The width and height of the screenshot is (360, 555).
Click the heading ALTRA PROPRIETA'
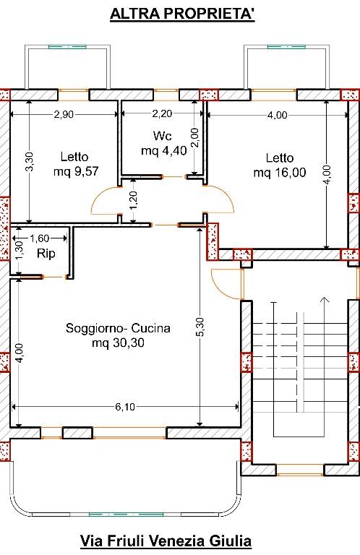click(182, 14)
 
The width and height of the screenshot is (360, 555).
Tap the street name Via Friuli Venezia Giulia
click(166, 541)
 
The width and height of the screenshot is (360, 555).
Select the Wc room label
click(163, 136)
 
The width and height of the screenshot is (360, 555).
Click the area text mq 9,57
click(76, 172)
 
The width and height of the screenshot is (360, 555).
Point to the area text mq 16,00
click(280, 173)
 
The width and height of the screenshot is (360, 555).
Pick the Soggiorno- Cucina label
click(118, 328)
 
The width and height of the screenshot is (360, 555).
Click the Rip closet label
click(46, 254)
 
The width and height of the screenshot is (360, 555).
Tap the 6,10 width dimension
click(125, 407)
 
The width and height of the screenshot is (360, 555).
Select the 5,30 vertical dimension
click(200, 327)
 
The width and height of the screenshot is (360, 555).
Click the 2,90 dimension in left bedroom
click(64, 114)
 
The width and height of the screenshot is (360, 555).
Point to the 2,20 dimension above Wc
click(162, 113)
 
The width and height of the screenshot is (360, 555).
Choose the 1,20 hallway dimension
click(134, 200)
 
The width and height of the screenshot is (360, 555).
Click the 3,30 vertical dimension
click(30, 161)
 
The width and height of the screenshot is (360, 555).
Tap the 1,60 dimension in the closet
click(39, 238)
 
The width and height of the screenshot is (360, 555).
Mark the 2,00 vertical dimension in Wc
click(194, 137)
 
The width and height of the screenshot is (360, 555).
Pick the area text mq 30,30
click(118, 343)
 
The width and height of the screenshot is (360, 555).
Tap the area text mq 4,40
click(164, 151)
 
